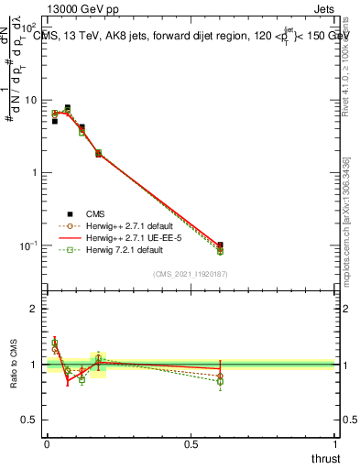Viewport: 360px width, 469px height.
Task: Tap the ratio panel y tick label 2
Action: coord(34,309)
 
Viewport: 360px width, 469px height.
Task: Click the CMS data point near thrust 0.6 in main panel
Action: coord(220,245)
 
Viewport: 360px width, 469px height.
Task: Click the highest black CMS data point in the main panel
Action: coord(67,107)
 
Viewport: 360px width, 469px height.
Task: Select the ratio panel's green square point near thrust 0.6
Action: coord(220,381)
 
